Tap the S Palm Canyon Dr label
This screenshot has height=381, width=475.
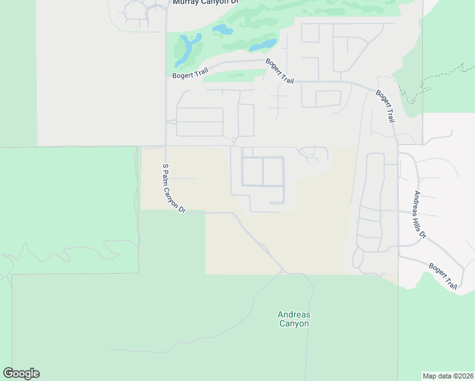point(173,188)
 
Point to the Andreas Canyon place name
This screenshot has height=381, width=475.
point(294,319)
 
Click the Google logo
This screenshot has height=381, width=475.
point(21,373)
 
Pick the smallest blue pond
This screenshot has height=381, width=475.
point(222,30)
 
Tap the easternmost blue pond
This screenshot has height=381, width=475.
point(262,45)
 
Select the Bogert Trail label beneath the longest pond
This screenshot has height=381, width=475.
point(190,74)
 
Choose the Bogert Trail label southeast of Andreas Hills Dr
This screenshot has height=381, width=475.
point(443,276)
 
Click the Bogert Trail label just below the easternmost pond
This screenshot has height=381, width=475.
point(280,71)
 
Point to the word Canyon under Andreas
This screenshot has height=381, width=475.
point(294,324)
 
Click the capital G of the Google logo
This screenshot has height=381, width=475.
point(8,373)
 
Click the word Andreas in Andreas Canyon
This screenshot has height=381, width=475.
point(294,314)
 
